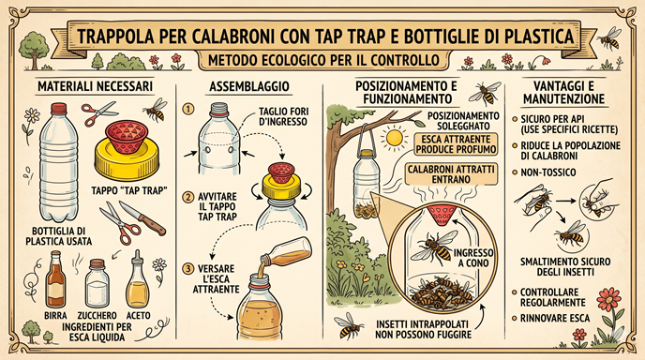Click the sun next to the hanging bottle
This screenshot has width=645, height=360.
(x=395, y=138)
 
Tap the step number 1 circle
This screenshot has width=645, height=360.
(x=188, y=109)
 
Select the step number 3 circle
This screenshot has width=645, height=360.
(x=187, y=269)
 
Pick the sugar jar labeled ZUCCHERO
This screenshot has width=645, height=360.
(x=97, y=283)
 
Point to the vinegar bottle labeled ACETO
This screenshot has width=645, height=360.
(x=138, y=279)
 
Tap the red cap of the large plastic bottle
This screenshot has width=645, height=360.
(x=59, y=109)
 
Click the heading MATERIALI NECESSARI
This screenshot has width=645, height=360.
(x=95, y=86)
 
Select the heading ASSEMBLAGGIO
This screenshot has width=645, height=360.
(x=249, y=86)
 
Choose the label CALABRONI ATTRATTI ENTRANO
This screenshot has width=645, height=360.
(x=451, y=174)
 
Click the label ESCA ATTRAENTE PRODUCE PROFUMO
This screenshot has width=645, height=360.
(x=455, y=144)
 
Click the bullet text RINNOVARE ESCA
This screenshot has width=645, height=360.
(x=555, y=318)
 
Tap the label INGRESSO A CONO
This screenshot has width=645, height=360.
(x=473, y=258)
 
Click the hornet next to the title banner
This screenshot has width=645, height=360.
(x=609, y=38)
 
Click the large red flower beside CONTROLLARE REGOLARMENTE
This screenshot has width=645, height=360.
(x=609, y=299)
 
